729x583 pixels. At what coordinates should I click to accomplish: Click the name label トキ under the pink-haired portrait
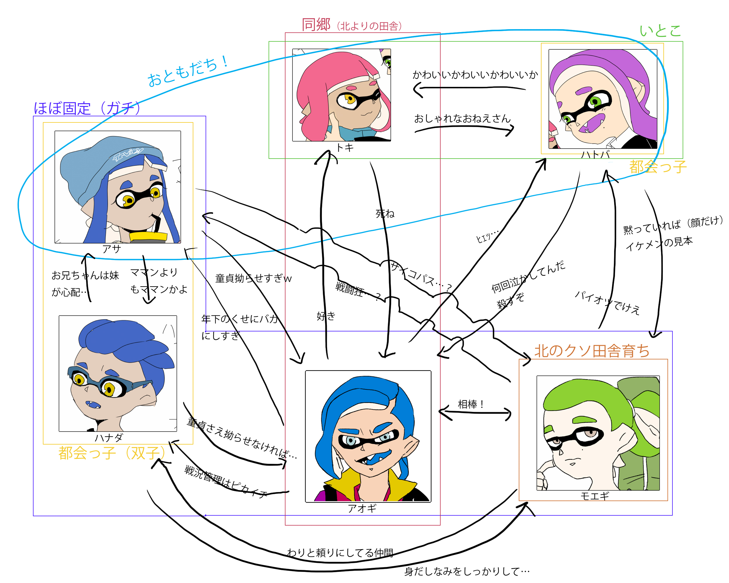point(345,147)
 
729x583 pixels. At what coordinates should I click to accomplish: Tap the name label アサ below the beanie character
point(112,249)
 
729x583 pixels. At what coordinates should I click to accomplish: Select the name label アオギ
point(362,508)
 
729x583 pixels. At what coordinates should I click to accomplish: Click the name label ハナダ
point(108,438)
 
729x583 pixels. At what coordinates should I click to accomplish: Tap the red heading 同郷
point(316,25)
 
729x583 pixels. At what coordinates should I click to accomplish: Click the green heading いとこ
point(660,31)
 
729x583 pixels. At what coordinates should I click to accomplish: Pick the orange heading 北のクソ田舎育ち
point(592,351)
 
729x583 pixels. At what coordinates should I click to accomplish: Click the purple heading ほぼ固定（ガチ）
point(87,108)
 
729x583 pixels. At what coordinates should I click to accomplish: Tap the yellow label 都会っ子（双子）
point(112,453)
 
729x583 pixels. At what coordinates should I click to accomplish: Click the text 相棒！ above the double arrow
point(470,404)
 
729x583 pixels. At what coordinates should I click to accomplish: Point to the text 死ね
point(385,214)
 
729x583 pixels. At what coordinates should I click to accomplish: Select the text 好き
point(326,316)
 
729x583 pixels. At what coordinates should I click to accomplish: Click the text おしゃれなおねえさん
point(462,118)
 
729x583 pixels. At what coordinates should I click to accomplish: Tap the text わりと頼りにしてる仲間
point(340,553)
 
